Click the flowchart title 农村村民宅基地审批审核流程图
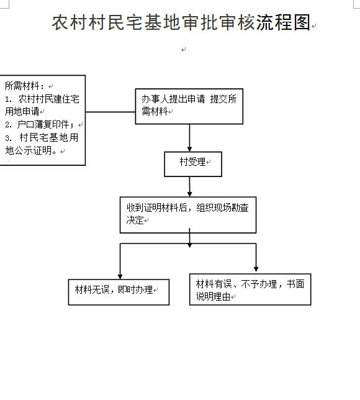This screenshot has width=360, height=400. (181, 22)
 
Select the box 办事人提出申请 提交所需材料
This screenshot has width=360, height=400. (189, 106)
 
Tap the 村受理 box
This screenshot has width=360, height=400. (193, 164)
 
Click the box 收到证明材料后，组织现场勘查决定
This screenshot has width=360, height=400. (188, 215)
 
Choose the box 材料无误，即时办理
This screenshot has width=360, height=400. (119, 292)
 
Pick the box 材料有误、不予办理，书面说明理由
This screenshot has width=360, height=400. (250, 289)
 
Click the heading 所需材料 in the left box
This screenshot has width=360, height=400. (22, 86)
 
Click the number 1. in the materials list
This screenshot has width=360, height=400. (8, 99)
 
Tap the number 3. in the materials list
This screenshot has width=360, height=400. (8, 138)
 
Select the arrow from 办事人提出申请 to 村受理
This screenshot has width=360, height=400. (189, 138)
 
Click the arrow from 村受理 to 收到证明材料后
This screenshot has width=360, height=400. (189, 186)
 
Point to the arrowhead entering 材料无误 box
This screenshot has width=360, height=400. (120, 277)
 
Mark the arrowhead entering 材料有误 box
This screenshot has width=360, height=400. (256, 270)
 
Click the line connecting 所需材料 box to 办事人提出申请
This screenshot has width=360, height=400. (110, 112)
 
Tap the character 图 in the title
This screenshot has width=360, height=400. (302, 22)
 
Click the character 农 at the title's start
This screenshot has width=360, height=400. (60, 22)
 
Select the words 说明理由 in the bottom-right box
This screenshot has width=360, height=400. (213, 296)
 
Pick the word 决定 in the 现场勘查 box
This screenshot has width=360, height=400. (135, 220)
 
